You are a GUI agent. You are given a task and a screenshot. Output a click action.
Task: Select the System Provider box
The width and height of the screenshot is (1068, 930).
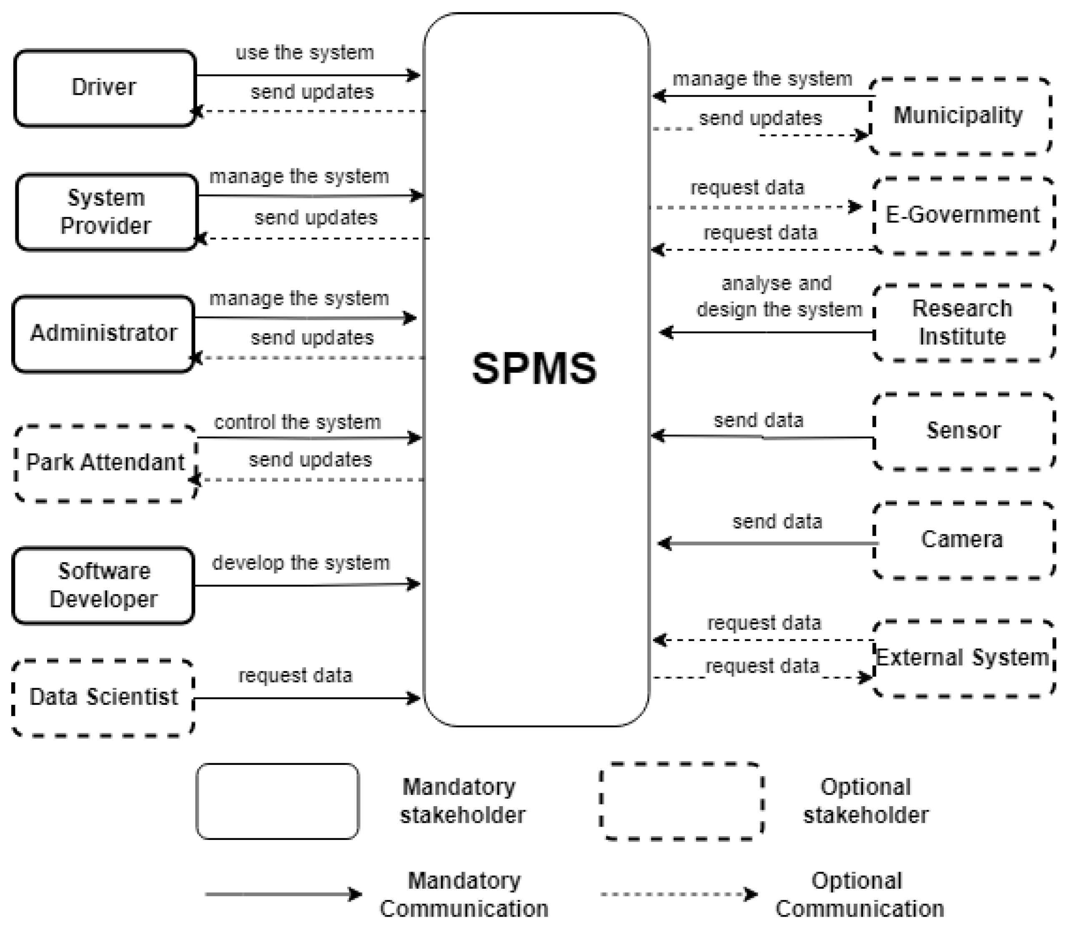pyautogui.click(x=106, y=212)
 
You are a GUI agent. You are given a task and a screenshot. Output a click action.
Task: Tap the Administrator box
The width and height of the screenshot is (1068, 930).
pyautogui.click(x=103, y=334)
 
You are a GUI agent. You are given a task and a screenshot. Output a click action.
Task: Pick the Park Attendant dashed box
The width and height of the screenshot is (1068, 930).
pyautogui.click(x=105, y=463)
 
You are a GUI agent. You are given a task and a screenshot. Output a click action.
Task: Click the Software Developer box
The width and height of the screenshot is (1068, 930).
pyautogui.click(x=103, y=585)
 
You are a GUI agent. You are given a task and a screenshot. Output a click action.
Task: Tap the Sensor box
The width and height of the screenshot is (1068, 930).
pyautogui.click(x=963, y=431)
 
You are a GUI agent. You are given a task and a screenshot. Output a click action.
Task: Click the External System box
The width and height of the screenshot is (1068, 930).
pyautogui.click(x=963, y=658)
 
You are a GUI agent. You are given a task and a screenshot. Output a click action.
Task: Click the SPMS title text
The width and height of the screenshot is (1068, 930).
pyautogui.click(x=535, y=369)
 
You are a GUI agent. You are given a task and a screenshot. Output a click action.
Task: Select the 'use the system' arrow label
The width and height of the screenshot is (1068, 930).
pyautogui.click(x=305, y=53)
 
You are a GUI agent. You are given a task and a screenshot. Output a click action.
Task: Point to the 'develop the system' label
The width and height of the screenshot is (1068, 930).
pyautogui.click(x=301, y=563)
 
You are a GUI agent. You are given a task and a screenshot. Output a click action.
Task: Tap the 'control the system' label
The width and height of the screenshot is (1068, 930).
pyautogui.click(x=298, y=422)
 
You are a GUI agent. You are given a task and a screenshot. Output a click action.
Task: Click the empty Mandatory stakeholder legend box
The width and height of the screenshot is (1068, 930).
pyautogui.click(x=278, y=801)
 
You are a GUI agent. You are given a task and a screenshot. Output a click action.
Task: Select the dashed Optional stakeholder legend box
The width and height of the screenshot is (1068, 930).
pyautogui.click(x=681, y=801)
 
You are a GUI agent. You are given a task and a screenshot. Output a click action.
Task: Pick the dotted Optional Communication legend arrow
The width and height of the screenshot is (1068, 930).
pyautogui.click(x=679, y=894)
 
